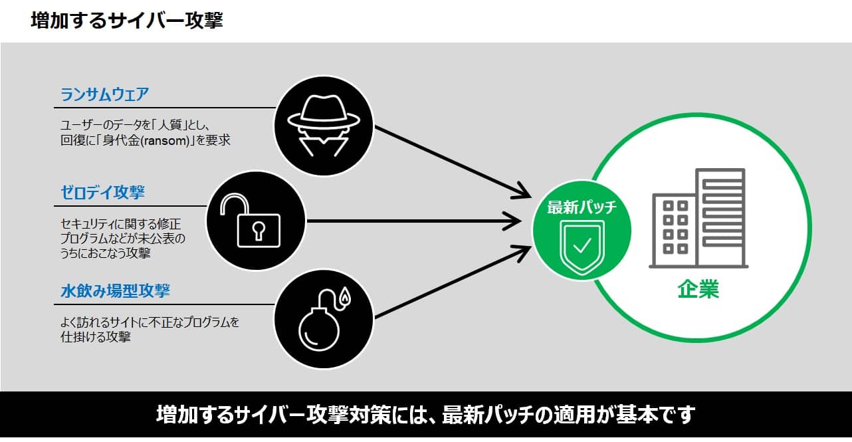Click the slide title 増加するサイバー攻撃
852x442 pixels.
(x=126, y=21)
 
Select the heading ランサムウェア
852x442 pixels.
(x=104, y=94)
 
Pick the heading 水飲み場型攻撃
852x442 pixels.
(x=115, y=291)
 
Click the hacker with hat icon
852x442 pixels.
(x=323, y=125)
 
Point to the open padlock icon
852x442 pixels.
(x=255, y=220)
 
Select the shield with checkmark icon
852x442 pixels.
(x=582, y=245)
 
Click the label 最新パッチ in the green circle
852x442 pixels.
(x=582, y=207)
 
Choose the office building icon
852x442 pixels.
(x=698, y=219)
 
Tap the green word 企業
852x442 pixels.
(x=698, y=290)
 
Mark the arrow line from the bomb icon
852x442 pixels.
(x=445, y=282)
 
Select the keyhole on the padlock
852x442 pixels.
(x=257, y=230)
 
